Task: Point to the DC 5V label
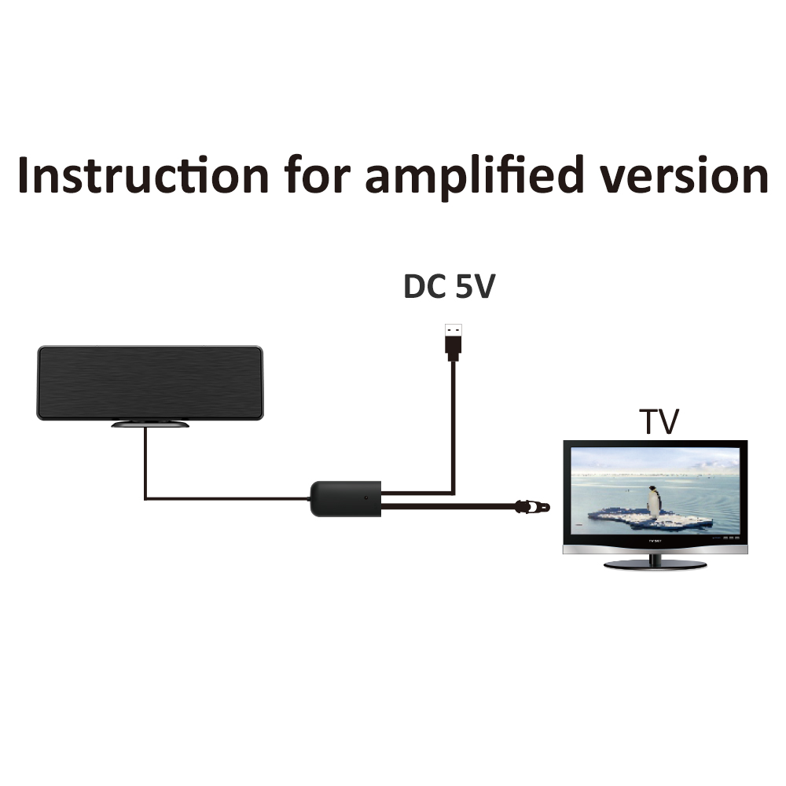point(449,287)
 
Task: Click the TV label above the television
point(658,422)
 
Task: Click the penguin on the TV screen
point(653,500)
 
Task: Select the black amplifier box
point(346,498)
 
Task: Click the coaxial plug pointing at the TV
point(533,508)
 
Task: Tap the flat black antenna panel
point(149,382)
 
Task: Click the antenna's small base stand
point(149,424)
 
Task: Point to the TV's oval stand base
point(655,564)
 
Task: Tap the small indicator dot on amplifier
point(366,498)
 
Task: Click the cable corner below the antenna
point(145,498)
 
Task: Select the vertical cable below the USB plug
point(453,424)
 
